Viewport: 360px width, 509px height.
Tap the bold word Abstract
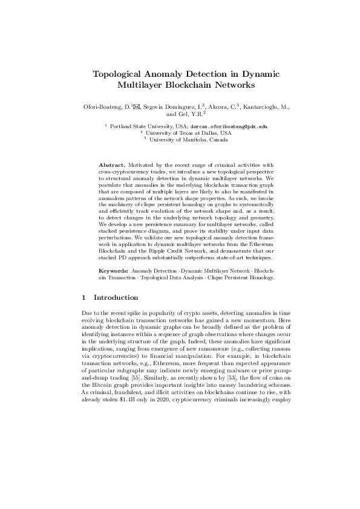tap(111, 164)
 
